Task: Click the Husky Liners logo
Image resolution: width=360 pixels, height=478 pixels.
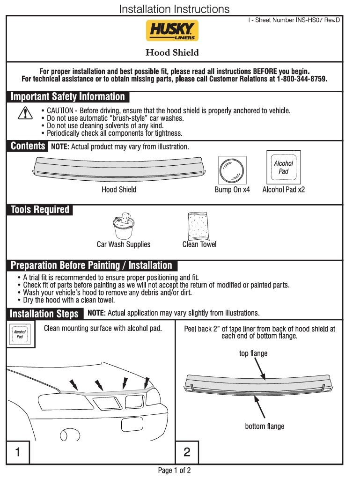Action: [172, 31]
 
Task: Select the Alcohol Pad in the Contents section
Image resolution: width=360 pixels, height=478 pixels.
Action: [283, 167]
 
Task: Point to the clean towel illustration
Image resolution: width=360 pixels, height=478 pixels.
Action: [199, 226]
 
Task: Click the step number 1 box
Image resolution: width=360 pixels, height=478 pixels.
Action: [18, 452]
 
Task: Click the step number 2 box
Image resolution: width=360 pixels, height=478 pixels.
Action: [187, 452]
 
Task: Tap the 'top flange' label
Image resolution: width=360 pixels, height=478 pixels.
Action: [253, 353]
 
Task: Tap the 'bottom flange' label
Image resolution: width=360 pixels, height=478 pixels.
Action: [264, 426]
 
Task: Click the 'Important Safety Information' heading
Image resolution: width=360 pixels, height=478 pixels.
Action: [68, 97]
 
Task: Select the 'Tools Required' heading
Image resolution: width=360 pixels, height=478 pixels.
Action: [40, 210]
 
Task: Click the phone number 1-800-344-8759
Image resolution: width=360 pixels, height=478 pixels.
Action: [301, 79]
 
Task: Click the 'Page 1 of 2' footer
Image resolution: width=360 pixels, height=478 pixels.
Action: [175, 471]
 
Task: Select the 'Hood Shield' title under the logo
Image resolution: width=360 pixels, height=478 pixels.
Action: [172, 52]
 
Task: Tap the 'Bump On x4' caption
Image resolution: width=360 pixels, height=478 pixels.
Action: [232, 190]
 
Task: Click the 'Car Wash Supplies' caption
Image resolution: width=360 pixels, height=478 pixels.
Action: [124, 244]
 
